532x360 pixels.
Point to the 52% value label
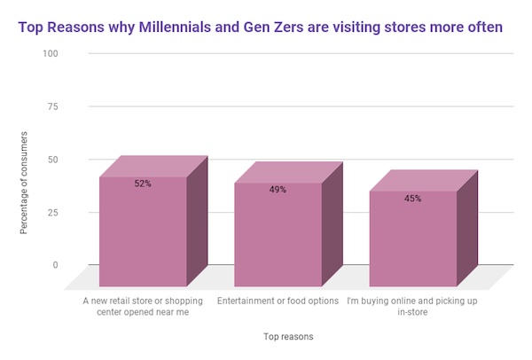[x=143, y=184]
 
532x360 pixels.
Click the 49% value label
[x=278, y=189]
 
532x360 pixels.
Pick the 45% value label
[x=412, y=199]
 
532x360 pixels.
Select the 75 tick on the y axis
[x=52, y=106]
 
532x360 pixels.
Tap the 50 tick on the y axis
[x=52, y=160]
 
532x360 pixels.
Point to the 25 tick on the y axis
[x=52, y=213]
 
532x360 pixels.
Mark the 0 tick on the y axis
[x=55, y=265]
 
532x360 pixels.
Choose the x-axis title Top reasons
[x=288, y=337]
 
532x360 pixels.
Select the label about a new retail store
[x=143, y=306]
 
